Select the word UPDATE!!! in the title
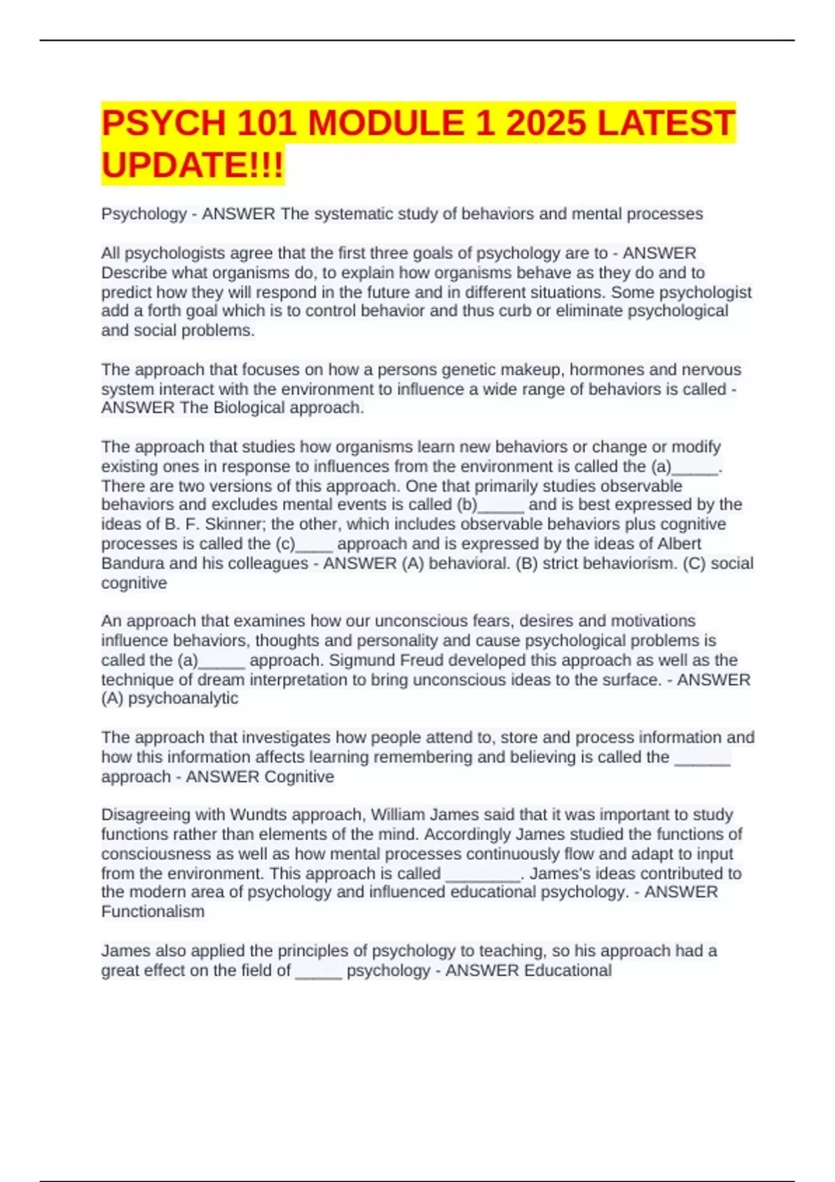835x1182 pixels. click(193, 166)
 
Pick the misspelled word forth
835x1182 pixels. click(165, 311)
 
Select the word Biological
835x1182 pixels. click(248, 408)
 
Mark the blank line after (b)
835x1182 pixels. click(501, 506)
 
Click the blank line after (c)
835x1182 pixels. click(315, 545)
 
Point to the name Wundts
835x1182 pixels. click(259, 815)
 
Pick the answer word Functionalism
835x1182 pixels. click(153, 912)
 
